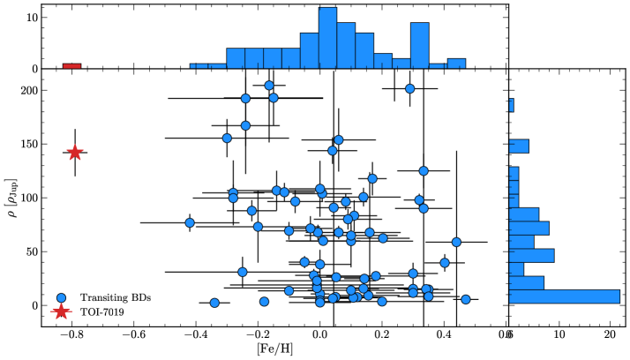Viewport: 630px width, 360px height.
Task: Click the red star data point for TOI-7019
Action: (75, 153)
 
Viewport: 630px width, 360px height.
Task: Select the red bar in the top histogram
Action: (71, 66)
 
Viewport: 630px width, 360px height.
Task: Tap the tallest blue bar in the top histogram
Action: (327, 38)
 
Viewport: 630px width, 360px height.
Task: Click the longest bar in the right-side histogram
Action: (565, 296)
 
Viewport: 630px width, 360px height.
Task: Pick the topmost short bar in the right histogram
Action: (511, 106)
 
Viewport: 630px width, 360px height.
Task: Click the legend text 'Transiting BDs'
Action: (116, 297)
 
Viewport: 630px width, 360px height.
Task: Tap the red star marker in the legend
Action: (60, 311)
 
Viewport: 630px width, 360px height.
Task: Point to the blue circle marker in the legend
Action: (60, 297)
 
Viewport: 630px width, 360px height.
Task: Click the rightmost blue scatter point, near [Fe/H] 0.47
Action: (466, 299)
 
